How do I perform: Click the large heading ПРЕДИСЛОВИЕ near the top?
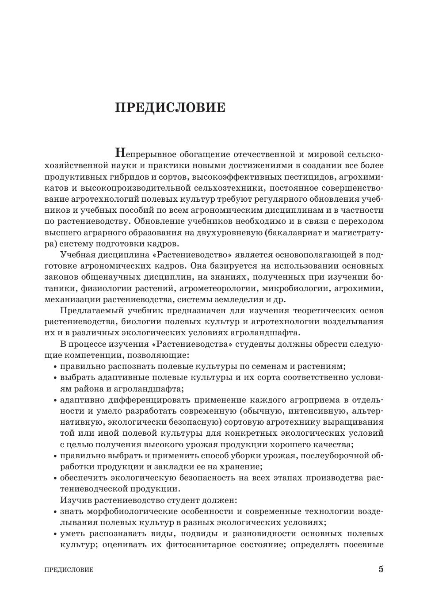(x=170, y=107)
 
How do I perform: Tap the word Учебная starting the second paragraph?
(x=77, y=255)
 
